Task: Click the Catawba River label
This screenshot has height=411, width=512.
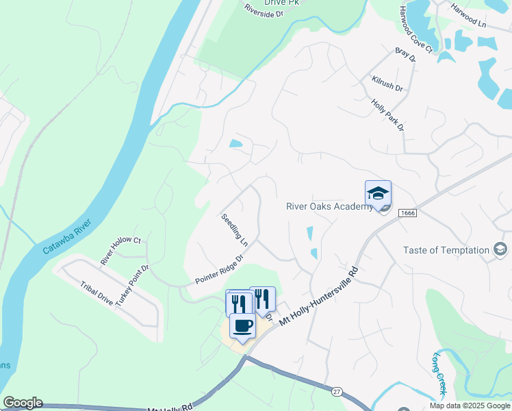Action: [x=67, y=237]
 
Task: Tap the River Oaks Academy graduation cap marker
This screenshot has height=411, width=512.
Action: [x=378, y=194]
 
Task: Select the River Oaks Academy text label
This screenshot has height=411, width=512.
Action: [x=329, y=206]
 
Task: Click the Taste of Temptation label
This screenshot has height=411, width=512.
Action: [x=446, y=251]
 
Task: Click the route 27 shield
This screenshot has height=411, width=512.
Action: [x=336, y=391]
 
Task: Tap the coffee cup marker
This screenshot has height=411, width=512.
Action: [x=242, y=325]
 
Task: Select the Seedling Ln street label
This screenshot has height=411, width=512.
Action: [x=234, y=230]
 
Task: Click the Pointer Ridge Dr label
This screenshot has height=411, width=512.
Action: [x=220, y=270]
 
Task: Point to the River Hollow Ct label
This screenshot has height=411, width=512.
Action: [x=120, y=251]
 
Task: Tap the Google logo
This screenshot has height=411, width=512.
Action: [x=23, y=403]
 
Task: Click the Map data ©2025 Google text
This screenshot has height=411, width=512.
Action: [x=469, y=406]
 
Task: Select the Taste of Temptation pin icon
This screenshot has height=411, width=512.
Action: [x=501, y=251]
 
